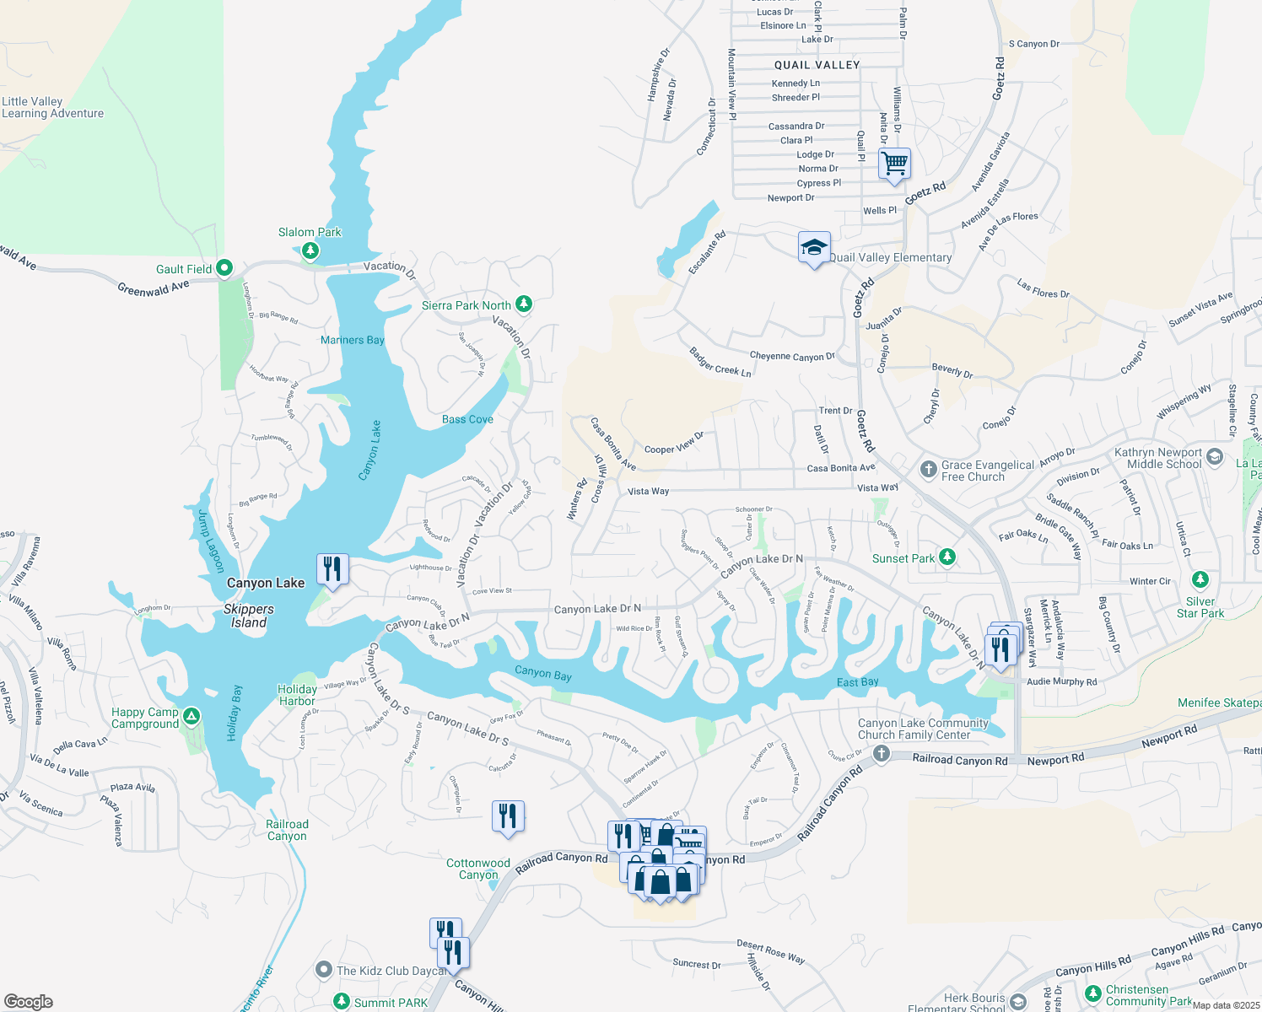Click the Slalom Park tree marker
310,250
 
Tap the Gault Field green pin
224,268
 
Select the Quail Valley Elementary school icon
814,248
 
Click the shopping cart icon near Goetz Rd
894,163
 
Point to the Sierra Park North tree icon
524,304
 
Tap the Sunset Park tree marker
947,557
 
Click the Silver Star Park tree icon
1200,580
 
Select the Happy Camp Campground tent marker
191,717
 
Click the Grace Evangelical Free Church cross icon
928,469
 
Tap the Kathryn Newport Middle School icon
1215,457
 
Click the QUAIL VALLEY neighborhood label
817,65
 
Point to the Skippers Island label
249,616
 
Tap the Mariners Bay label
353,340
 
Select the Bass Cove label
467,419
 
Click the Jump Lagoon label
210,541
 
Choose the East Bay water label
858,681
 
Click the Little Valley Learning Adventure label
52,107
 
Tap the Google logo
29,1001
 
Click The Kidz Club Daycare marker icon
324,970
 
